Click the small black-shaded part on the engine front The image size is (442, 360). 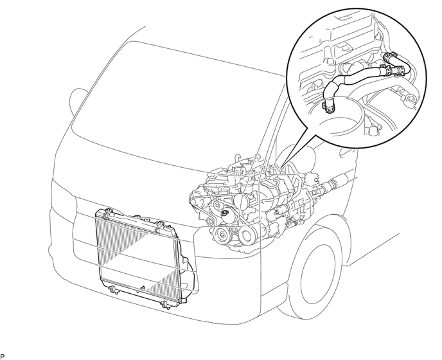tap(226, 212)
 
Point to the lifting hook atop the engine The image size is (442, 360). tap(238, 159)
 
